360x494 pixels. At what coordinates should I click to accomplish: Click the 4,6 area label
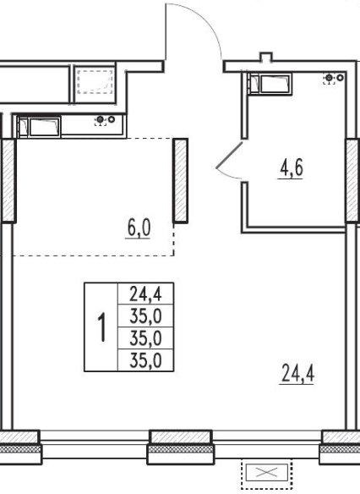point(292,167)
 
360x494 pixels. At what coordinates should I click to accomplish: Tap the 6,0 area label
point(139,228)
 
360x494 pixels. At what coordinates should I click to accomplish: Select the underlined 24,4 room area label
point(297,373)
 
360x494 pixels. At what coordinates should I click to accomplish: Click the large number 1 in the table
point(101,327)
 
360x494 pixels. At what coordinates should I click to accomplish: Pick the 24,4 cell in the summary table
point(145,294)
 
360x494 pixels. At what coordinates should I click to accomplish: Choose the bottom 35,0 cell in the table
point(145,360)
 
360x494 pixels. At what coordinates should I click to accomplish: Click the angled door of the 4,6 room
point(229,155)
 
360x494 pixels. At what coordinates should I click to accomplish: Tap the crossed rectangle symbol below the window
point(266,472)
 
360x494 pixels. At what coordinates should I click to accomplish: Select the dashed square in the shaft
point(95,82)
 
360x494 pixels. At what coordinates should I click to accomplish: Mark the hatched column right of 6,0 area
point(181,180)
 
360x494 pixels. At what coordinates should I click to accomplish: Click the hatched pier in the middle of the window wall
point(180,436)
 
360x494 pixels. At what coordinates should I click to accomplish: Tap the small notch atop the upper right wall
point(266,57)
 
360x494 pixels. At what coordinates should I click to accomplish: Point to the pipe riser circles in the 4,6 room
point(334,78)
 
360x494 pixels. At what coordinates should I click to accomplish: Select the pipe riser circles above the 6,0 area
point(105,120)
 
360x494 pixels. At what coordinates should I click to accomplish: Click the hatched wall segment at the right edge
point(352,180)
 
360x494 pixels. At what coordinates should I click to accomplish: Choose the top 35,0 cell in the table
point(145,316)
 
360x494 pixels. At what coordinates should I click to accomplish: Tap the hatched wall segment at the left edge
point(8,180)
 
